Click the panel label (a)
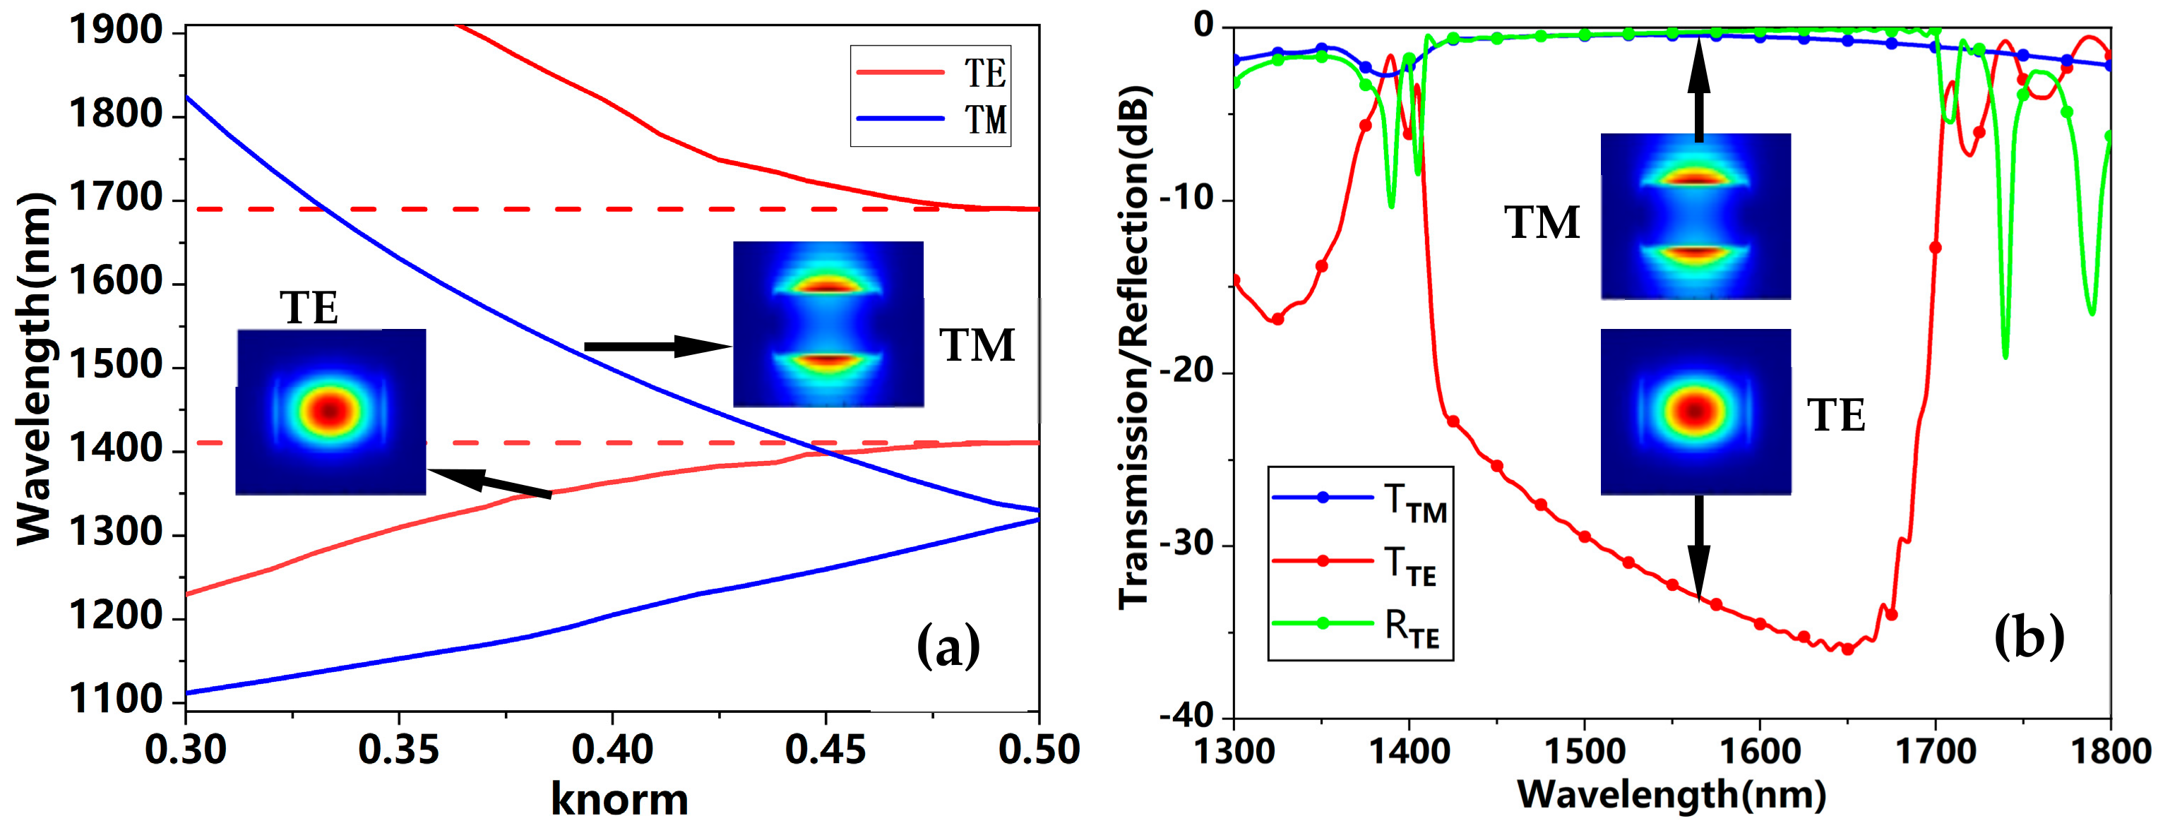pyautogui.click(x=948, y=646)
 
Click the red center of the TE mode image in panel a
pyautogui.click(x=330, y=411)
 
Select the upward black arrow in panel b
pyautogui.click(x=1698, y=88)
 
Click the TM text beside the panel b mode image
pyautogui.click(x=1542, y=223)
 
